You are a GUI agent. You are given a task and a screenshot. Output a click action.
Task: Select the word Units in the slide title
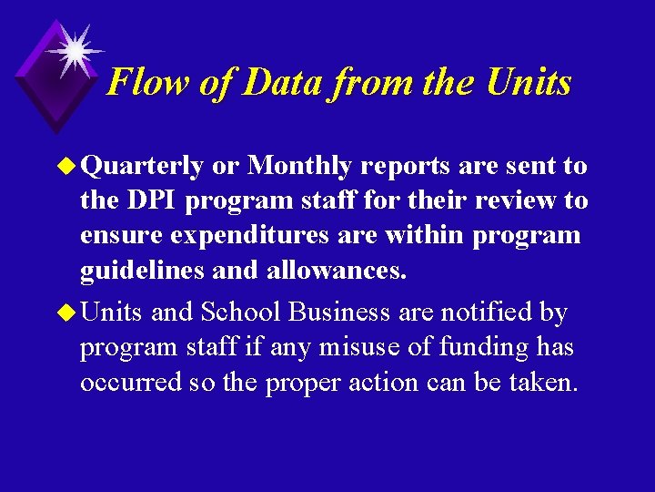529,83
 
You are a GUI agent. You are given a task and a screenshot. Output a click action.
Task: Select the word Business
340,313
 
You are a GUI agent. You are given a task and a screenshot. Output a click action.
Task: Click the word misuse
374,347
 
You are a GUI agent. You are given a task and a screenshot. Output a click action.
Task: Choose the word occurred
131,382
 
